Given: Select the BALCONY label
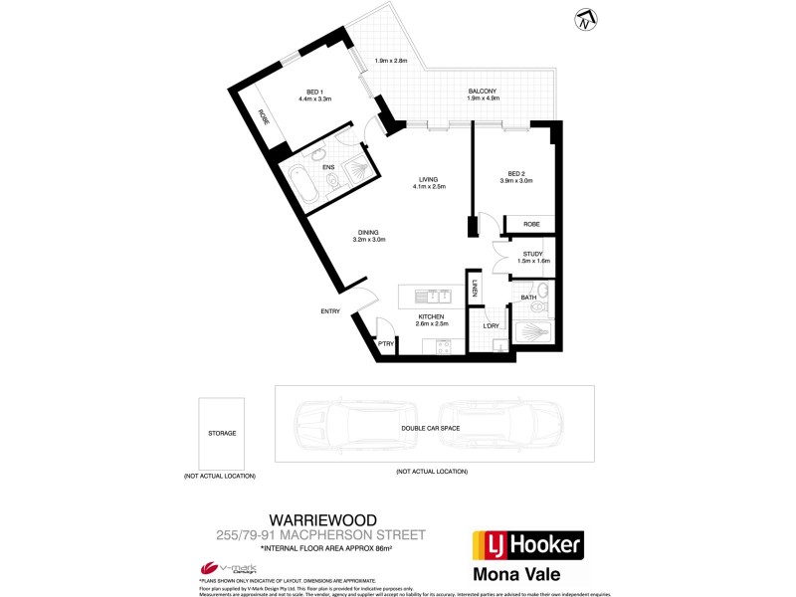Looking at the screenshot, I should [483, 92].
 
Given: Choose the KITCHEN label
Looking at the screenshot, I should [432, 316].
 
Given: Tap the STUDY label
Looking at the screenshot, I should [532, 254].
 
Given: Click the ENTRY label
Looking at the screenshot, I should [330, 311].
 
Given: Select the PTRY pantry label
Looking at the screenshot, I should [385, 343].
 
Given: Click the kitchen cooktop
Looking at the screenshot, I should [437, 346].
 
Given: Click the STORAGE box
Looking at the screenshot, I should [221, 433].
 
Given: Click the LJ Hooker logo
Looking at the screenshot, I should [525, 545].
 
